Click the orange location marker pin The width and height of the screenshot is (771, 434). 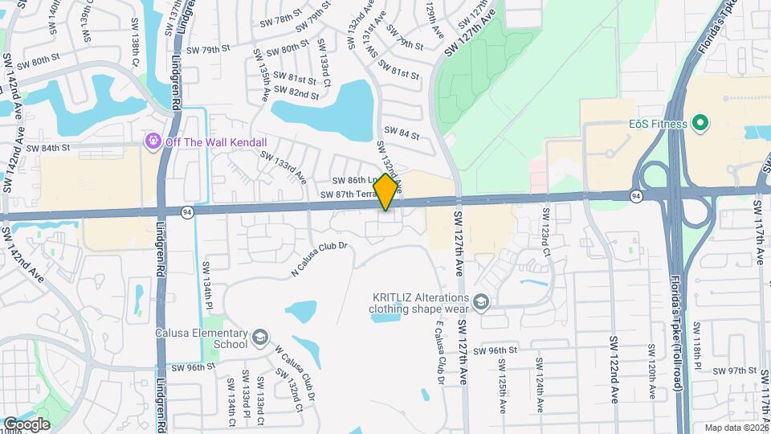[386, 192]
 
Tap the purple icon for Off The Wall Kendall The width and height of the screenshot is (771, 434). [152, 141]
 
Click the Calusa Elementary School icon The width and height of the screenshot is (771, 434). [259, 337]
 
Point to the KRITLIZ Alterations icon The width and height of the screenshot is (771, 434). [481, 302]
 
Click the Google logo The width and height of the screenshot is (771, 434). [27, 424]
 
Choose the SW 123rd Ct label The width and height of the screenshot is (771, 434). [546, 232]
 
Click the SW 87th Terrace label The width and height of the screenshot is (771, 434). [349, 195]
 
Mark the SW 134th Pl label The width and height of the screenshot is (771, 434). [206, 285]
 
